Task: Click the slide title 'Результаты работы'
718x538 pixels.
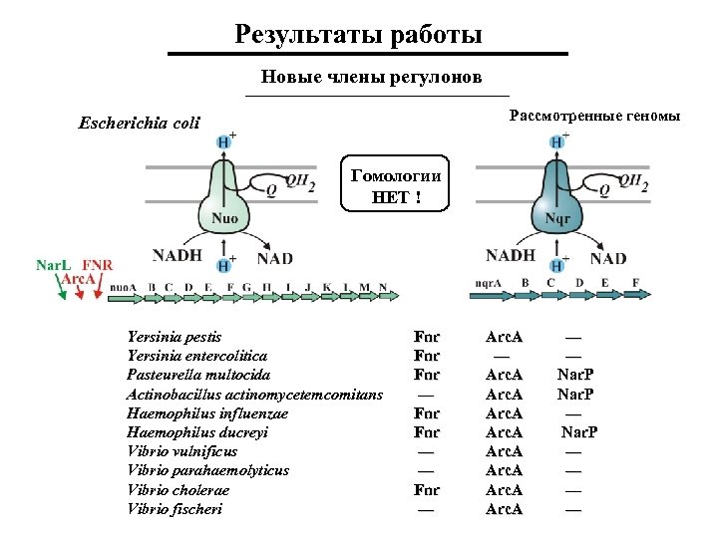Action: tap(359, 35)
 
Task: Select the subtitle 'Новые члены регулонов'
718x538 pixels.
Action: tap(371, 77)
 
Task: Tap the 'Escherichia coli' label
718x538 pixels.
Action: tap(139, 125)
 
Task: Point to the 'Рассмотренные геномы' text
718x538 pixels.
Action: tap(594, 117)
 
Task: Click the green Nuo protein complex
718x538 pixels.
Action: tap(223, 199)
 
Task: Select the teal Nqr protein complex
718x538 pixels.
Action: tap(559, 199)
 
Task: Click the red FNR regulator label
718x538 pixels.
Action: tap(97, 265)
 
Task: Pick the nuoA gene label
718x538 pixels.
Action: tap(123, 288)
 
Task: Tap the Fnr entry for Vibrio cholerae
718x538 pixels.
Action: tap(427, 490)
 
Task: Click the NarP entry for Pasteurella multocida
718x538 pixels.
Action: tap(576, 376)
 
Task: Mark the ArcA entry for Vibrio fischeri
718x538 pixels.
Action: tap(504, 509)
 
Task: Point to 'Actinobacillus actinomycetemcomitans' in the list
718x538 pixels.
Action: tap(255, 395)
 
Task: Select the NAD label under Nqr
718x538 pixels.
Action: tap(608, 258)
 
